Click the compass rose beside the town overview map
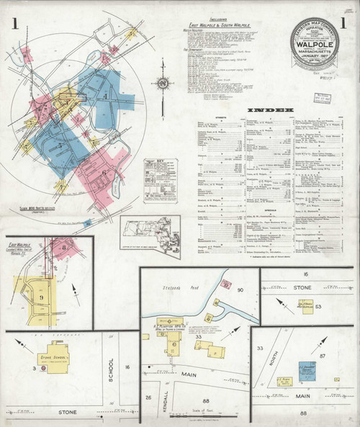pyautogui.click(x=163, y=85)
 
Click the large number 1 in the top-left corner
pyautogui.click(x=15, y=23)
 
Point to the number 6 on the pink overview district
pyautogui.click(x=103, y=173)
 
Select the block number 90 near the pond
pyautogui.click(x=241, y=290)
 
